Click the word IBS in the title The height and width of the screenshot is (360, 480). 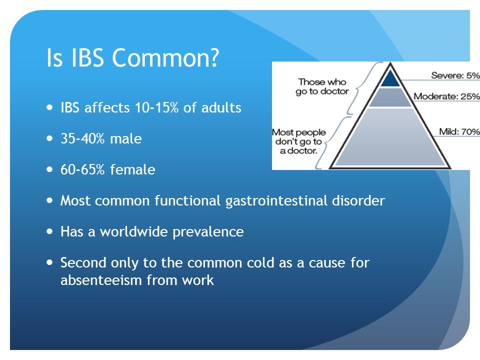point(87,57)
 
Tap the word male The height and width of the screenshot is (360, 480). point(126,139)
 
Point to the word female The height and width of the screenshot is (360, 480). point(132,169)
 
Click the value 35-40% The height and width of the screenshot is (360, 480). point(82,139)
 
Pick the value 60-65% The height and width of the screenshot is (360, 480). point(82,169)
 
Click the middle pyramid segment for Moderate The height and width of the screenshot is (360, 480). point(390,97)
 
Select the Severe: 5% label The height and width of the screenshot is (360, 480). point(455,75)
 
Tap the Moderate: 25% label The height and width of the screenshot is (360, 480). point(446,96)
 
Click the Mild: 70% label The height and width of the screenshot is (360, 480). point(459,131)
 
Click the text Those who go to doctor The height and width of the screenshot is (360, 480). point(322,86)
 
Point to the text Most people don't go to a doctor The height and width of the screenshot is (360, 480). point(299,141)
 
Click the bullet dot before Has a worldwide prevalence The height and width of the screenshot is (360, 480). point(49,231)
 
